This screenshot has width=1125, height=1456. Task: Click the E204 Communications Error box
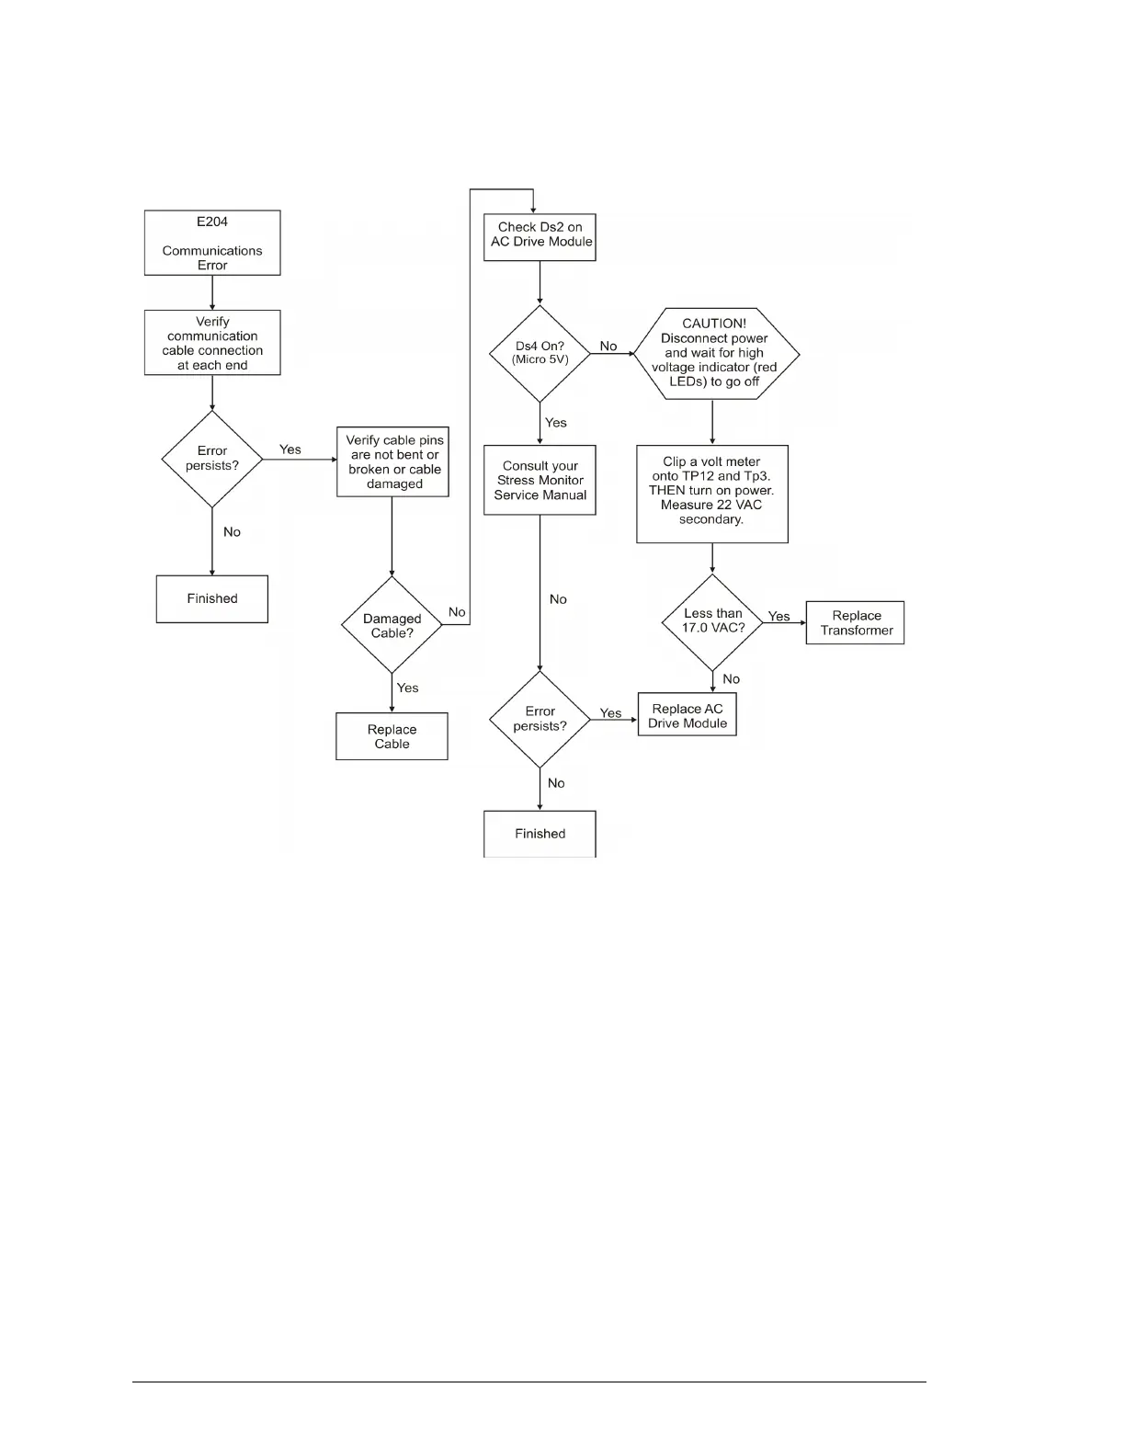pyautogui.click(x=212, y=243)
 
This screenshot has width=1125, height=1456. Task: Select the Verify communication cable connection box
pyautogui.click(x=212, y=343)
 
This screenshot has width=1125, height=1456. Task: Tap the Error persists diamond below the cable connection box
pyautogui.click(x=212, y=459)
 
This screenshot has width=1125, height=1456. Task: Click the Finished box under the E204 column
pyautogui.click(x=212, y=598)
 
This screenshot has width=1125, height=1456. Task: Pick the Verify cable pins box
pyautogui.click(x=393, y=462)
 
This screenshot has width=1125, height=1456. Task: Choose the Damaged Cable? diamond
pyautogui.click(x=392, y=625)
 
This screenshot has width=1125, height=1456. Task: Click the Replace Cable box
pyautogui.click(x=392, y=736)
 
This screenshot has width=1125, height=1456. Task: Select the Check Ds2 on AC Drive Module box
pyautogui.click(x=540, y=236)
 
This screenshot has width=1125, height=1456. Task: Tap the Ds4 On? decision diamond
pyautogui.click(x=540, y=354)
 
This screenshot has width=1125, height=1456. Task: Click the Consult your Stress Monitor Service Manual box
pyautogui.click(x=540, y=480)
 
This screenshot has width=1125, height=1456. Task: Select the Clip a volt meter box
pyautogui.click(x=712, y=494)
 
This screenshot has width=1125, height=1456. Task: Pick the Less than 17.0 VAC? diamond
pyautogui.click(x=712, y=622)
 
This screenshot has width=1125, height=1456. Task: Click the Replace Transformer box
pyautogui.click(x=856, y=622)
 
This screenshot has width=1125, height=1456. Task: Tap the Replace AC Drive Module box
pyautogui.click(x=687, y=715)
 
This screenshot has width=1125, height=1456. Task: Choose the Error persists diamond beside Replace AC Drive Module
pyautogui.click(x=540, y=719)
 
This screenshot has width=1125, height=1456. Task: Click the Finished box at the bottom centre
pyautogui.click(x=540, y=834)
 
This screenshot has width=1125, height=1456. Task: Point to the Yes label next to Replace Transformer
pyautogui.click(x=779, y=616)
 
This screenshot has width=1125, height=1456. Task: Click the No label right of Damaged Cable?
pyautogui.click(x=457, y=612)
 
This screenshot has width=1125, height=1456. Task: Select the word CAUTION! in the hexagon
pyautogui.click(x=714, y=324)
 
